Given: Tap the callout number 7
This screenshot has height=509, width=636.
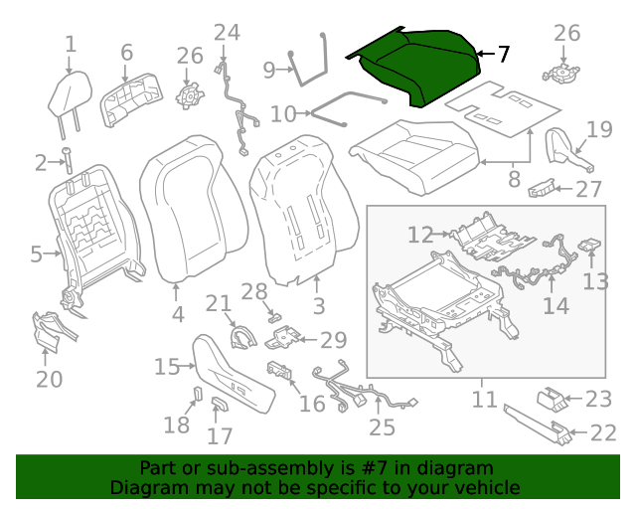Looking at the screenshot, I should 504,54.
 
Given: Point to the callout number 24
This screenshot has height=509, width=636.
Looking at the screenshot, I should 227,33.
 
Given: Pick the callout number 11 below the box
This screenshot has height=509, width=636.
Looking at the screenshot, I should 484,400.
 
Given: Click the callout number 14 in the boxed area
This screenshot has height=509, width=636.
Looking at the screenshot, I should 556,305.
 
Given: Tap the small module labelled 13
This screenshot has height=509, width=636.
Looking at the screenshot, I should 590,246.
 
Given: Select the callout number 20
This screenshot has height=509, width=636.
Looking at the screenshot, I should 49,379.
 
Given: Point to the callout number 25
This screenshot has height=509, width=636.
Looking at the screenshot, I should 382,427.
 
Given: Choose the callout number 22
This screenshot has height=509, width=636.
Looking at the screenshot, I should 603,432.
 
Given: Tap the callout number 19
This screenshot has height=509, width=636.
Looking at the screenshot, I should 598,128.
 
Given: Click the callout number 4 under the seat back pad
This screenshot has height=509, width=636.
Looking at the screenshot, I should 177,315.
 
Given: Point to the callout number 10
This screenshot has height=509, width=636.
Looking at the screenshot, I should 283,114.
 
